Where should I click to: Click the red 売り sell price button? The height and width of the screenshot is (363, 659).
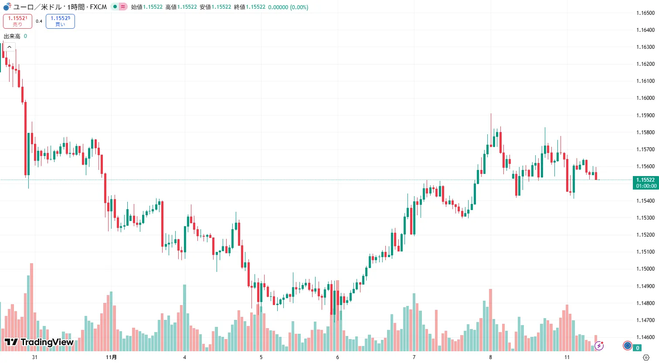coord(17,21)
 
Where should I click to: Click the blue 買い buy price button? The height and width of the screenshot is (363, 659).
coord(60,21)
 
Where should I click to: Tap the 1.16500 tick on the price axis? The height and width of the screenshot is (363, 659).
coord(645,13)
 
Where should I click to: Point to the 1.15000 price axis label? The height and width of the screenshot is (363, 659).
coord(645,269)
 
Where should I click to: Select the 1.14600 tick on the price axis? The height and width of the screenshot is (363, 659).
coord(645,337)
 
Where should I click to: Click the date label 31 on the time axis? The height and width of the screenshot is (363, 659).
coord(35,357)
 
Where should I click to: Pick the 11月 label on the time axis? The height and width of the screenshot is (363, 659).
coord(112,357)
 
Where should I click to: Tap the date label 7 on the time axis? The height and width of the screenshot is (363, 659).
coord(414,357)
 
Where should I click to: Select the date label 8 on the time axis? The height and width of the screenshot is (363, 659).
coord(490,357)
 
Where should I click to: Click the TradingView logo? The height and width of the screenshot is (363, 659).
coord(39,342)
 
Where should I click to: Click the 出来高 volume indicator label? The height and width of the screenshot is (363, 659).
coord(12,36)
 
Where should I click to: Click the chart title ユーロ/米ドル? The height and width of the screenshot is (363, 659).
coord(37,7)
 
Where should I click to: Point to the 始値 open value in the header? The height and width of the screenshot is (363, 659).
coord(153,7)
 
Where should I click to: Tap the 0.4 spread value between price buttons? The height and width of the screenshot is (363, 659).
coord(39,21)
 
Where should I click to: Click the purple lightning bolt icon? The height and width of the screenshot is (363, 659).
coord(599,346)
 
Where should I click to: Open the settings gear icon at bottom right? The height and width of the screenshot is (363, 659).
coord(646,357)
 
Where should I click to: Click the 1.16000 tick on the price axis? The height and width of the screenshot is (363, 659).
coord(645,98)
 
